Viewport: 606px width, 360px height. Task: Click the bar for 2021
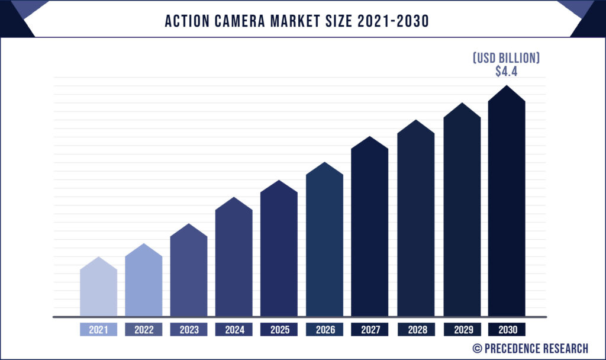coord(98,290)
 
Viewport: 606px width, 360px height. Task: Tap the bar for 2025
coord(279,252)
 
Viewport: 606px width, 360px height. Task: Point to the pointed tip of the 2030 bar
coord(507,86)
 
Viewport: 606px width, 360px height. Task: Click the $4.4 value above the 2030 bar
coord(507,72)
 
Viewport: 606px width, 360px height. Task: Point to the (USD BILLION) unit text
coord(507,58)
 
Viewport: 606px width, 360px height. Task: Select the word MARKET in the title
coord(302,21)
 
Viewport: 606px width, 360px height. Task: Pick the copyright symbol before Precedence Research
coord(476,348)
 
